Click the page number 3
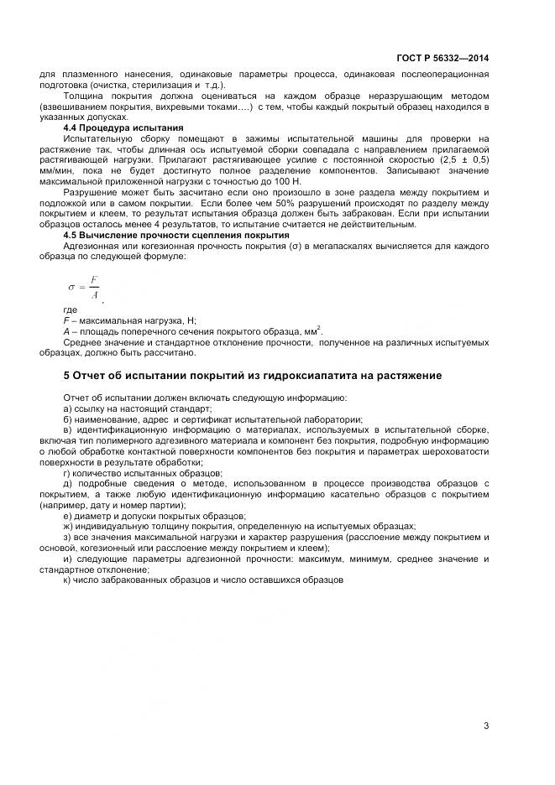coord(485,725)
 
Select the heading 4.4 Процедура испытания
coord(112,127)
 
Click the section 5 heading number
coord(43,373)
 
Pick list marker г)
coord(67,473)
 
